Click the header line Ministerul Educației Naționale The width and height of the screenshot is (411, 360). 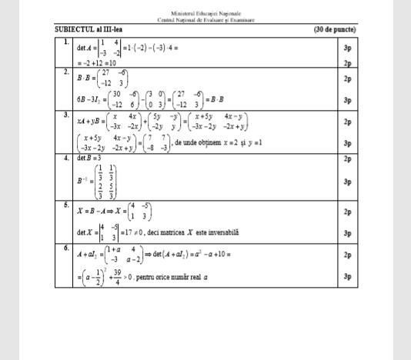pos(207,14)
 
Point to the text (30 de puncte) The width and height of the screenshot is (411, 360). pos(335,29)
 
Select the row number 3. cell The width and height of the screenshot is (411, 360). pos(68,114)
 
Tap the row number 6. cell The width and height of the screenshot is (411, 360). pos(68,248)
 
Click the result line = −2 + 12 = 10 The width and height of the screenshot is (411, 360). pos(97,63)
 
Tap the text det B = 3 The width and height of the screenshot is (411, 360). pos(89,158)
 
